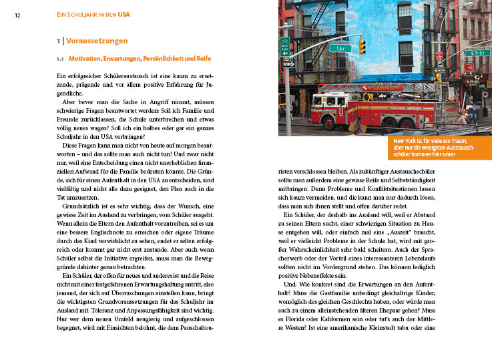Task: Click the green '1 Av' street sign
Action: pos(339,48)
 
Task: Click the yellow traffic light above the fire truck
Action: pos(362,46)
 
